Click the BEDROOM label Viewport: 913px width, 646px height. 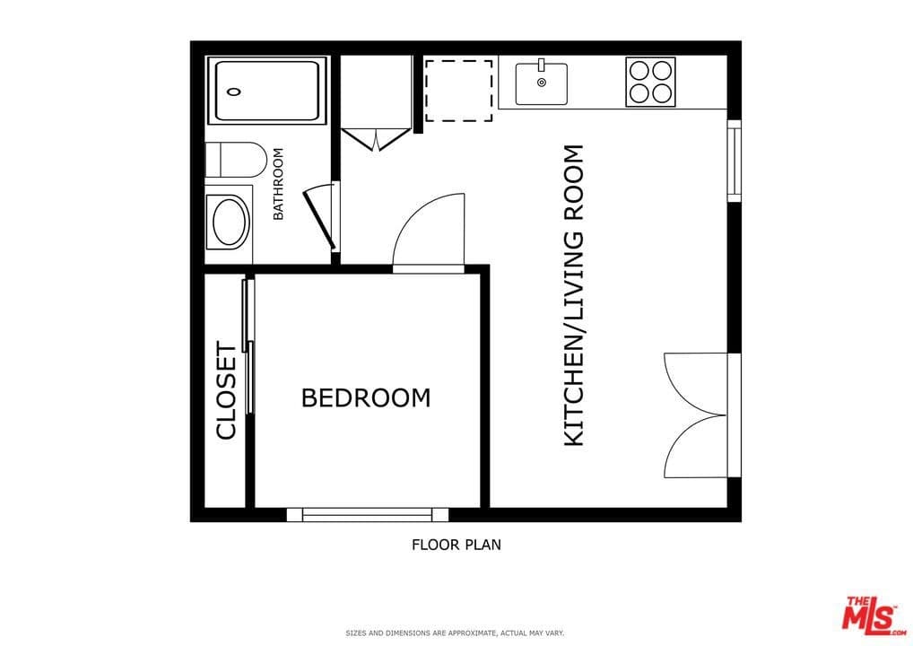[365, 397]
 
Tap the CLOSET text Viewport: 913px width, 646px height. [226, 391]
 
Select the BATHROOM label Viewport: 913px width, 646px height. [278, 184]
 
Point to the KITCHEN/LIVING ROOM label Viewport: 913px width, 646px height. [573, 295]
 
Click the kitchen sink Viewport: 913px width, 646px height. [541, 83]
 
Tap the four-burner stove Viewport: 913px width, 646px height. [650, 82]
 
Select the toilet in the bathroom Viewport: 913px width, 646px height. [235, 160]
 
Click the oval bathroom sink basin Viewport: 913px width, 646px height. [229, 222]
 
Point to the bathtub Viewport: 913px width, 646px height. [266, 91]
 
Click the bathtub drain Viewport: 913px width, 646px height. [235, 91]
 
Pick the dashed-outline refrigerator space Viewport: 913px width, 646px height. [458, 90]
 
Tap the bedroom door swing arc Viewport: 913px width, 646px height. [429, 231]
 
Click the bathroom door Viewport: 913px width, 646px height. [320, 218]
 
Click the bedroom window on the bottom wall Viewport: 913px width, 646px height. [367, 514]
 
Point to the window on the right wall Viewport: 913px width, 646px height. [734, 161]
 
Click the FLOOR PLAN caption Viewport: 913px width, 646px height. [456, 544]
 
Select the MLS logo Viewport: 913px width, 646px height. [869, 615]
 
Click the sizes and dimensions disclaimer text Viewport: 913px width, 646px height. [455, 633]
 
